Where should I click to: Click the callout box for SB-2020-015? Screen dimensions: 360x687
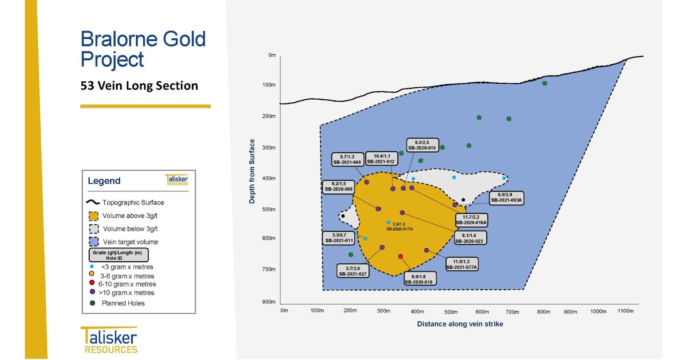(422, 145)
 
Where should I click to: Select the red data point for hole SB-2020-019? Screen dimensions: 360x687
(400, 257)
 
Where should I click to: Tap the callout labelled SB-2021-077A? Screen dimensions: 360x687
(461, 264)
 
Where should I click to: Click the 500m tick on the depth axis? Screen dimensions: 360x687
(269, 209)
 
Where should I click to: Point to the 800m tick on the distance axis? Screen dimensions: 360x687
(544, 312)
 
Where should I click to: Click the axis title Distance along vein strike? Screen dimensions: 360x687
(460, 324)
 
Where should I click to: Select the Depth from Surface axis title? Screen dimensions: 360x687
(252, 171)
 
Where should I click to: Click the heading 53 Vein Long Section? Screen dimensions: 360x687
(139, 86)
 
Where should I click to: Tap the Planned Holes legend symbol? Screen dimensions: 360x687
(93, 303)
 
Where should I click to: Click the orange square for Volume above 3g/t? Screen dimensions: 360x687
(93, 216)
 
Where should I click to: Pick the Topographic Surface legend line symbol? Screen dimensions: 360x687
(93, 202)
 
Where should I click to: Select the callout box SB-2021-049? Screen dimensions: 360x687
(347, 160)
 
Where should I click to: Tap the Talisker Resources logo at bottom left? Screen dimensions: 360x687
(109, 340)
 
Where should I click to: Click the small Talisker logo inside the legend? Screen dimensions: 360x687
(177, 180)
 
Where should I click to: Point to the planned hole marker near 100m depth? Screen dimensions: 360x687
(545, 83)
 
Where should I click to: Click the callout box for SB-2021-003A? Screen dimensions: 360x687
(506, 197)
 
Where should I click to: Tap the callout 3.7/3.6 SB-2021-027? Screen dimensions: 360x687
(352, 271)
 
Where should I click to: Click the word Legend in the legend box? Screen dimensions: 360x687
(104, 181)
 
